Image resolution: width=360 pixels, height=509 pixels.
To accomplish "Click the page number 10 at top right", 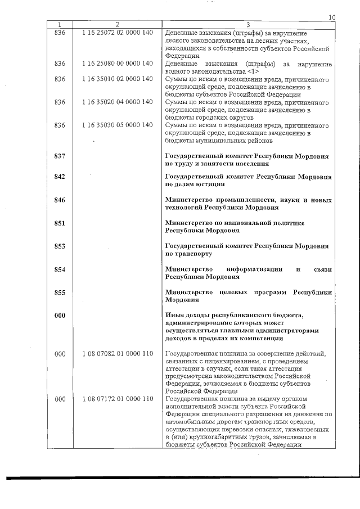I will [x=332, y=18].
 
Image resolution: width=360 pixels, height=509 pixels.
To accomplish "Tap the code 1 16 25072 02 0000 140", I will [x=117, y=33].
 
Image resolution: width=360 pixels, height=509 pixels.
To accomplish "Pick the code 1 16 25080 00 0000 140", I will [x=117, y=64].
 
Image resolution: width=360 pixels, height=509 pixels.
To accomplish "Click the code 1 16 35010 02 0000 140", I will [x=117, y=79].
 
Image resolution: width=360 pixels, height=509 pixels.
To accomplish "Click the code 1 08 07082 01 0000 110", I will [x=117, y=353].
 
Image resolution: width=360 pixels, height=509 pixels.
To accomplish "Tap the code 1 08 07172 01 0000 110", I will [x=117, y=399].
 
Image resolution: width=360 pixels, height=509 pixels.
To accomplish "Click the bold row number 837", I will [x=60, y=155].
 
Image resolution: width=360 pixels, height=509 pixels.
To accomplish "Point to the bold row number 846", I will [x=60, y=200].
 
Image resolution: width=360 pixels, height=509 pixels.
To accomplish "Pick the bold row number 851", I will [x=60, y=223].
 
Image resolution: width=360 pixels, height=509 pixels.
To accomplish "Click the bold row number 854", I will [x=60, y=269].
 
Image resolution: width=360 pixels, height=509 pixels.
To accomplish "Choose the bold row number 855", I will [x=60, y=292].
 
